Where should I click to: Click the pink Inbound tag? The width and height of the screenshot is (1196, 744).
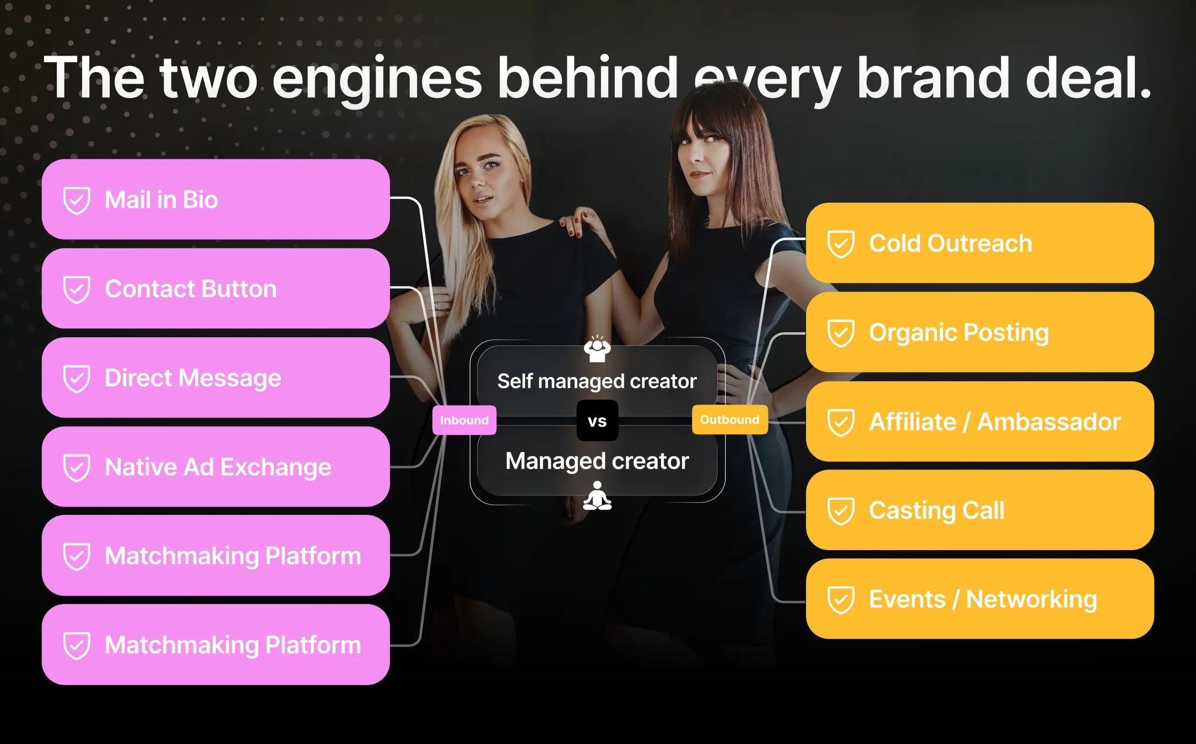[464, 420]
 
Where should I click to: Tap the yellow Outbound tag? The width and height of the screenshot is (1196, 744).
[729, 419]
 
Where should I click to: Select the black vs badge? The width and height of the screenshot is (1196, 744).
[597, 421]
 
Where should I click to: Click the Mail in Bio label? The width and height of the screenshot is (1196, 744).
[161, 200]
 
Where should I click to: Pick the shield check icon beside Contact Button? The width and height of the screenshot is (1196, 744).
[77, 289]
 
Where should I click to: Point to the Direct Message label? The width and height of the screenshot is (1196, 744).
[193, 378]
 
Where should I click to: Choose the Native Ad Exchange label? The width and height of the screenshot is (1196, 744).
[218, 467]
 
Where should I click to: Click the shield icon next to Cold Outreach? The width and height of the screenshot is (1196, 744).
[841, 244]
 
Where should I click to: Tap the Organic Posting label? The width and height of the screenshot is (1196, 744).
[959, 332]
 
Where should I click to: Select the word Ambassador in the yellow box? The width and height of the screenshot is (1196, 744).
[1049, 422]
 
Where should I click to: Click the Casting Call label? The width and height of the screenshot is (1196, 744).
[937, 510]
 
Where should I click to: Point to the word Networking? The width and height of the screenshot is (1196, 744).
[1031, 600]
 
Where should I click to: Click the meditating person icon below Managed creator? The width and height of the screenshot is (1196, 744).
[597, 495]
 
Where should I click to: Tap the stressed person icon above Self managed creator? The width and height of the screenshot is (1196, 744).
[597, 349]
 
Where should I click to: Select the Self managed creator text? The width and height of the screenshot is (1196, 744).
[597, 381]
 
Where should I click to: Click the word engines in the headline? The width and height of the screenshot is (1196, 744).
[377, 78]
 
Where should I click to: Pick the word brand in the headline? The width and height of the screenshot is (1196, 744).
[933, 78]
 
